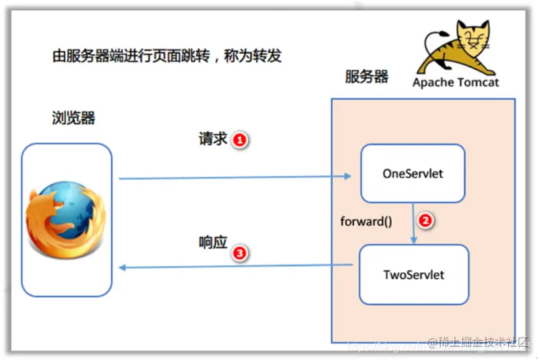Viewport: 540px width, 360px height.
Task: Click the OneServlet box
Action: point(412,173)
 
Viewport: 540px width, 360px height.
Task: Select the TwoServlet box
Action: point(414,274)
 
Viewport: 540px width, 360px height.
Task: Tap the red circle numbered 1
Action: point(239,140)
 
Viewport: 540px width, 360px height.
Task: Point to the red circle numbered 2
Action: point(425,221)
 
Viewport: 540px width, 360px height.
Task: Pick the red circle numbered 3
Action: point(239,253)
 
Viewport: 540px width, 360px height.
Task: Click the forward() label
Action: point(366,221)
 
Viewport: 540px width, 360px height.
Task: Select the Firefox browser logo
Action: point(66,219)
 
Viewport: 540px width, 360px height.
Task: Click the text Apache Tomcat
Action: point(456,82)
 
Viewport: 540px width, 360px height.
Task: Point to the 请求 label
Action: point(213,139)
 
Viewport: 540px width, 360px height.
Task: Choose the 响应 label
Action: point(213,242)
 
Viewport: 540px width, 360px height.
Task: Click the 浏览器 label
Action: point(73,118)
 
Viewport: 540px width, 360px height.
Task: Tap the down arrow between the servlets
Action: point(413,222)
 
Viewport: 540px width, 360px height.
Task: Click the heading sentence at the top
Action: point(167,56)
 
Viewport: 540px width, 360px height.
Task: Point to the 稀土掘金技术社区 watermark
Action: point(480,342)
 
